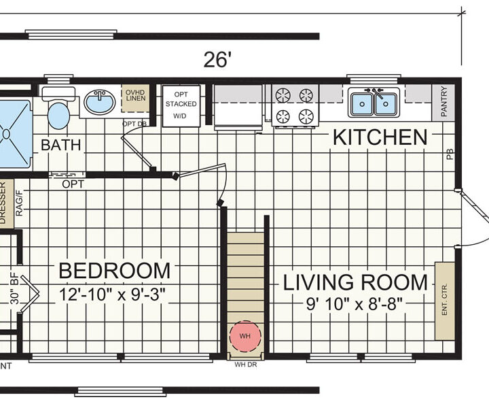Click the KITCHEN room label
[380, 137]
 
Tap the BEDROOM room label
[115, 271]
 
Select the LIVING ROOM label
[355, 282]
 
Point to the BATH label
[61, 145]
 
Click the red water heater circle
[245, 336]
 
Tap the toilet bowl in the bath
[58, 116]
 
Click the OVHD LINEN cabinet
[135, 98]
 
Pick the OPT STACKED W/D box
[181, 106]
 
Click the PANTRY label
[444, 101]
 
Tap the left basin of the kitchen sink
[362, 103]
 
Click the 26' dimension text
[218, 60]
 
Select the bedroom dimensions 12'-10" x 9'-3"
[112, 294]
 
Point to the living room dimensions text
[354, 303]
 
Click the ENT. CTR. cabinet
[445, 301]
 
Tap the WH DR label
[246, 364]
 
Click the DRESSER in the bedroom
[7, 203]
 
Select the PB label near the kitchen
[450, 154]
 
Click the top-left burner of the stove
[283, 95]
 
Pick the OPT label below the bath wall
[73, 184]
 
